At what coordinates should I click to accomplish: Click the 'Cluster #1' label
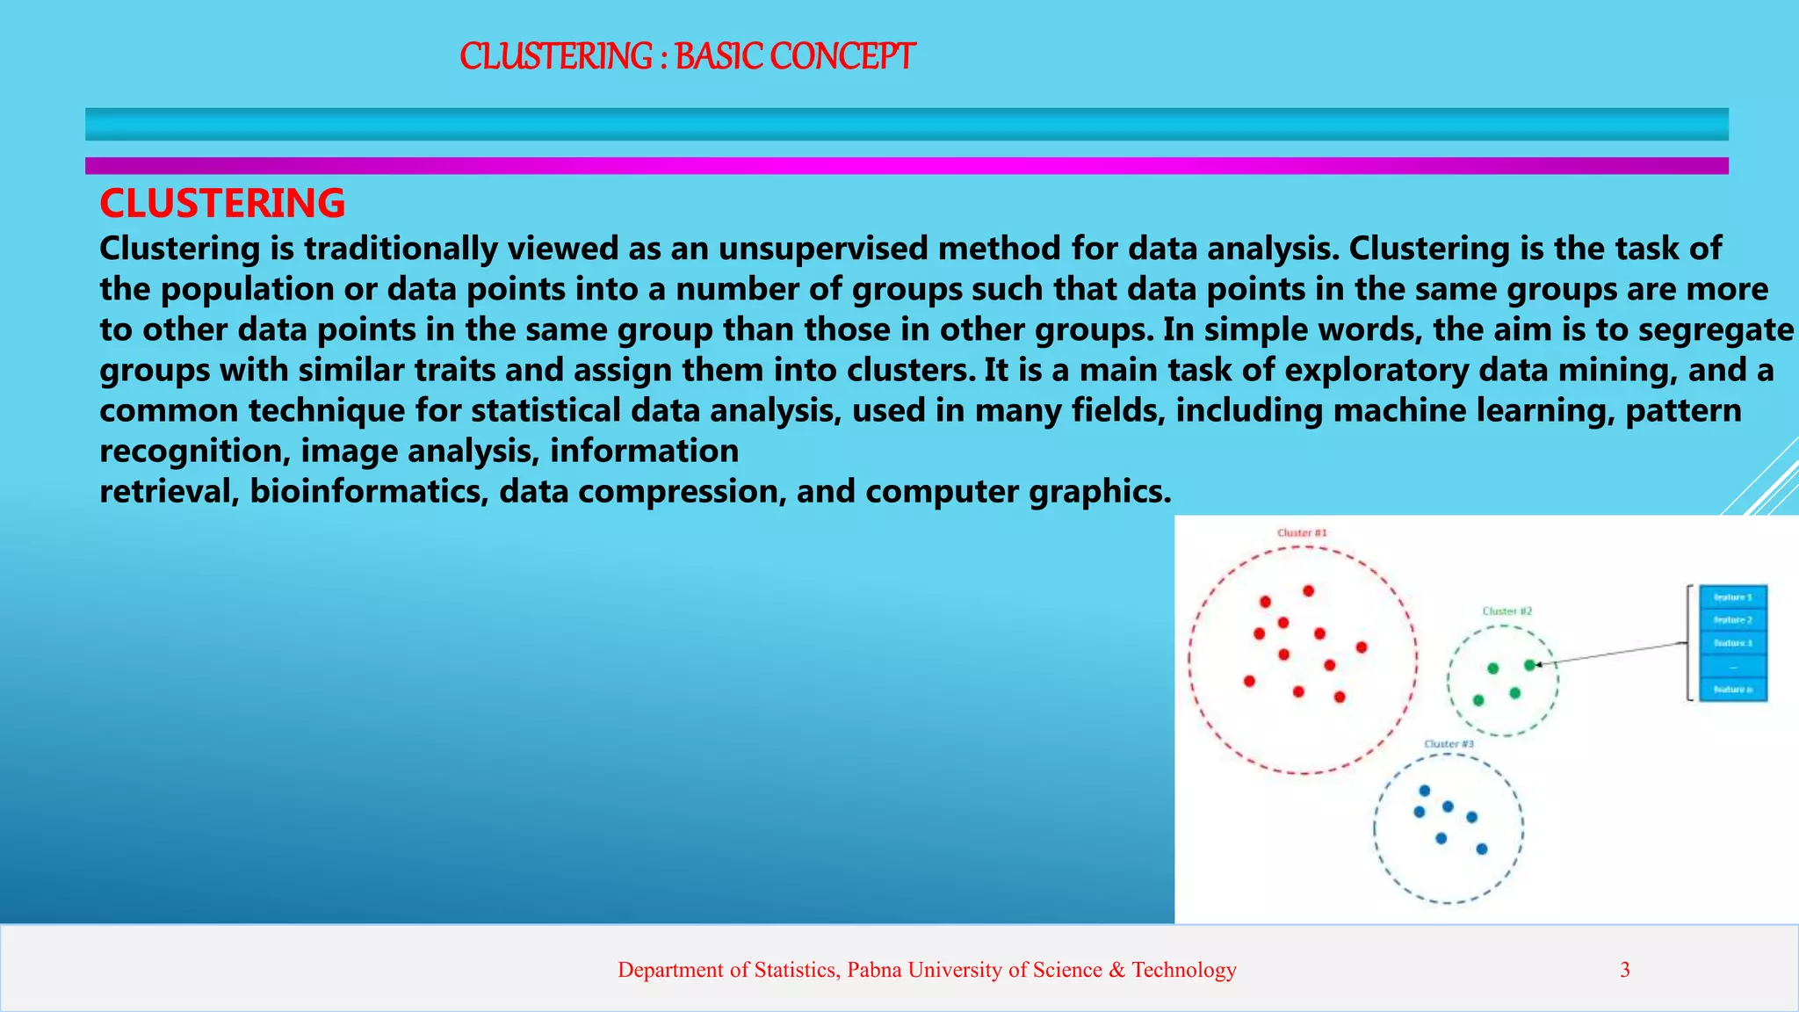pyautogui.click(x=1302, y=533)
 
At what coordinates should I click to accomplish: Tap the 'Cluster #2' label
pyautogui.click(x=1507, y=611)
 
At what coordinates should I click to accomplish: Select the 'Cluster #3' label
pyautogui.click(x=1449, y=744)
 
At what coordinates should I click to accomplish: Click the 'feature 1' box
pyautogui.click(x=1733, y=597)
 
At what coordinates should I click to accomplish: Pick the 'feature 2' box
pyautogui.click(x=1733, y=620)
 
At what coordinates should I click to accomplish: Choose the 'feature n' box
pyautogui.click(x=1733, y=690)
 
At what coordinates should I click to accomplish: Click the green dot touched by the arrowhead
pyautogui.click(x=1529, y=666)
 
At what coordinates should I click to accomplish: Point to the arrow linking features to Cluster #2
pyautogui.click(x=1612, y=654)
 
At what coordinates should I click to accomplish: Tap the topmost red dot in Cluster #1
pyautogui.click(x=1309, y=591)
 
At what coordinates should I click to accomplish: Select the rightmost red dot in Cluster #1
pyautogui.click(x=1362, y=647)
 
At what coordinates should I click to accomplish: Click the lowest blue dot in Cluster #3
pyautogui.click(x=1482, y=849)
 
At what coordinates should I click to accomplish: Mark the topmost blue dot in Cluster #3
pyautogui.click(x=1425, y=791)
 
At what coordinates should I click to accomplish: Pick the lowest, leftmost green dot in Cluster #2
pyautogui.click(x=1478, y=700)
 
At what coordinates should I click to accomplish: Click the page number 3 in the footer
pyautogui.click(x=1625, y=970)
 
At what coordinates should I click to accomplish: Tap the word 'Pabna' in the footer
pyautogui.click(x=875, y=970)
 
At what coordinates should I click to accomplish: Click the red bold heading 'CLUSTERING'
pyautogui.click(x=222, y=204)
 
